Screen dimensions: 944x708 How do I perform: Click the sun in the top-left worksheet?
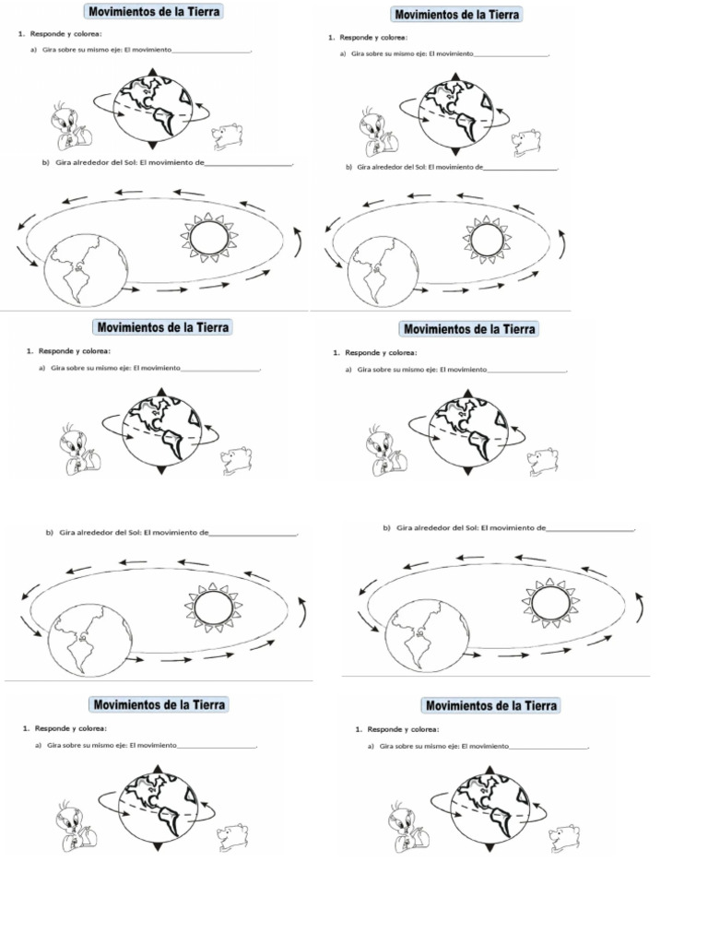tap(208, 238)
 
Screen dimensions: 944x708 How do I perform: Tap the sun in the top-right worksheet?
tap(486, 239)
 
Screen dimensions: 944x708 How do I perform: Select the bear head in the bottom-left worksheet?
tap(232, 836)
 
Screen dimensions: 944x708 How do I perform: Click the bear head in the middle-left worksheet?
tap(237, 459)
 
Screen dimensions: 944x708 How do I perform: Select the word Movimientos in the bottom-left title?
tap(128, 705)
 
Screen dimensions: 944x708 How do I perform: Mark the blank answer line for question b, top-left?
tap(247, 164)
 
